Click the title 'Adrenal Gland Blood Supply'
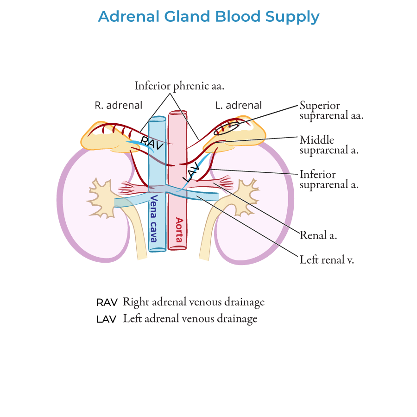point(208,17)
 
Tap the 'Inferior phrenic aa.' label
point(179,86)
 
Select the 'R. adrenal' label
point(118,105)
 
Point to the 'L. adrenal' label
point(239,105)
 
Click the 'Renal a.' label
point(318,235)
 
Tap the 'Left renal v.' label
point(327,259)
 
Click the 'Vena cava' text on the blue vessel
point(153,219)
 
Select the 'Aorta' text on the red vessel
point(178,230)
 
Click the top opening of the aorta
point(177,113)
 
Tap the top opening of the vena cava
point(157,119)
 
